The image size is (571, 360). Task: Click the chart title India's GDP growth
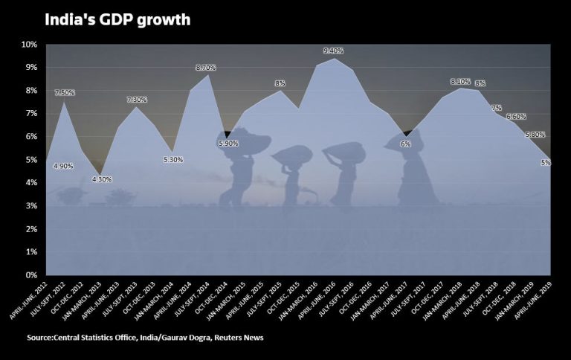coord(117,20)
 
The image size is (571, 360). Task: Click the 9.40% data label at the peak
coord(334,50)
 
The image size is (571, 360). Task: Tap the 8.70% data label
coord(206,68)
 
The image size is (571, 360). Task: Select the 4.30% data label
coord(101,179)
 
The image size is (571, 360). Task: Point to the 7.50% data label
coord(65,92)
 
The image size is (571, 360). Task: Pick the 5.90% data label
coord(229,144)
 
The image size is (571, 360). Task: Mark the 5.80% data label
coord(535,135)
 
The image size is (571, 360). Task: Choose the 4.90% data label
coord(63,166)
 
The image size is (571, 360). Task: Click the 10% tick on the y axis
coord(29,45)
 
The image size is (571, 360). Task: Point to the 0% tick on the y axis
coord(31,275)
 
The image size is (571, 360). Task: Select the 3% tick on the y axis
coord(31,206)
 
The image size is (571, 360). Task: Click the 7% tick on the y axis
coord(31,114)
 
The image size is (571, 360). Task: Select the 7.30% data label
coord(138,100)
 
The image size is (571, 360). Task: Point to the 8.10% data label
coord(461,81)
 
